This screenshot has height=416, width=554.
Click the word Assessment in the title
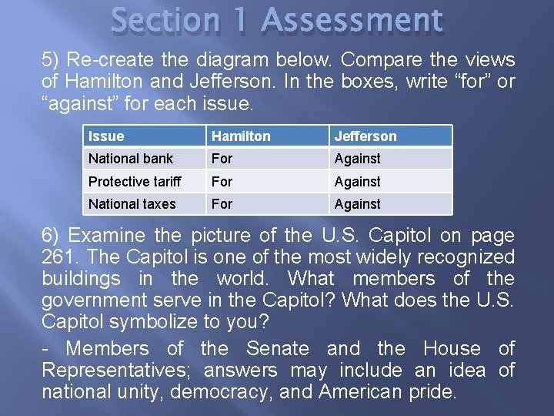pos(352,21)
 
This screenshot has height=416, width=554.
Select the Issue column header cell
pos(106,136)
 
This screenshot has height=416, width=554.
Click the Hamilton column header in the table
pos(241,136)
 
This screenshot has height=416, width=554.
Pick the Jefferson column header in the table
pos(365,136)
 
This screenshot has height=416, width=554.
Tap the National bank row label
pos(131,159)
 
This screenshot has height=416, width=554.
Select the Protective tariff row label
pos(135,182)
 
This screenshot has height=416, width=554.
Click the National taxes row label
pos(132,204)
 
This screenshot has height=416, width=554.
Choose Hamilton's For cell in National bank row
pos(222,159)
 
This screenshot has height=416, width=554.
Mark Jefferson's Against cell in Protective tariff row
pos(357,182)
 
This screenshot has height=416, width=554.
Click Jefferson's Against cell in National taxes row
pos(357,204)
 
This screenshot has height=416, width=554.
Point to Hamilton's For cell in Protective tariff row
pos(222,182)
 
